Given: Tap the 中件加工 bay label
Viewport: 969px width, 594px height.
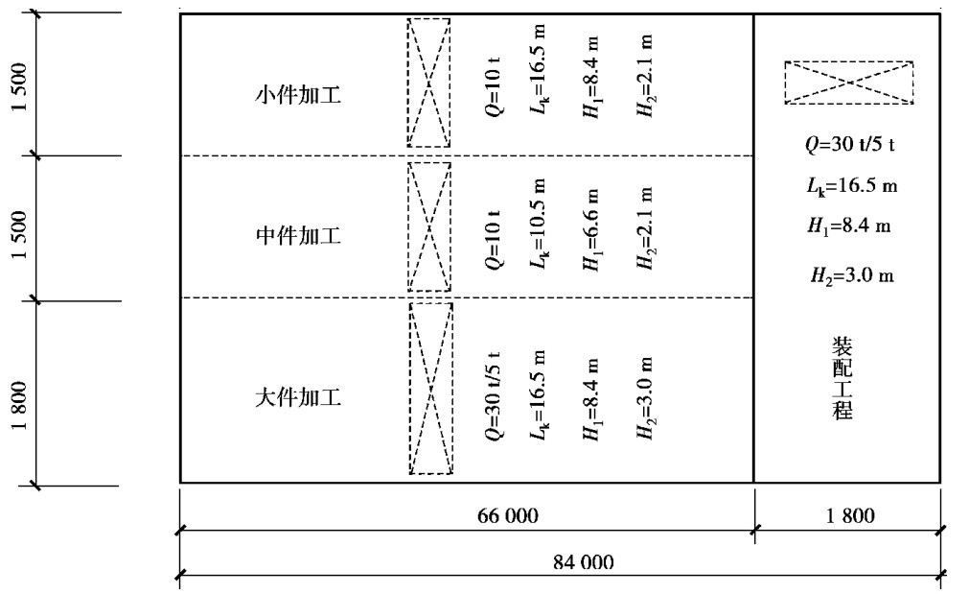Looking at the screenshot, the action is pyautogui.click(x=298, y=236).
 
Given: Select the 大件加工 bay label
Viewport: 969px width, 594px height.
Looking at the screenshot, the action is pyautogui.click(x=298, y=395).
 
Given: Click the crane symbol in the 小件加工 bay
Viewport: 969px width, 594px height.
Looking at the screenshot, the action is pyautogui.click(x=428, y=83).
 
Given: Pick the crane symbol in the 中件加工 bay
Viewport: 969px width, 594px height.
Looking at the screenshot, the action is pyautogui.click(x=428, y=226).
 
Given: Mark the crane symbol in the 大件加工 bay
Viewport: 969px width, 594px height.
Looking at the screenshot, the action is pyautogui.click(x=430, y=388).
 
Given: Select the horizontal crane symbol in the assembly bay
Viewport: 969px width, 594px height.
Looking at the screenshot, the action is pyautogui.click(x=848, y=83).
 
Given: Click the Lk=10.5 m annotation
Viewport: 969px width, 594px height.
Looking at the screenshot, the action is pyautogui.click(x=539, y=226).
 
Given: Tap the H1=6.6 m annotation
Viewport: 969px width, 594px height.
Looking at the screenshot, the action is pyautogui.click(x=594, y=226).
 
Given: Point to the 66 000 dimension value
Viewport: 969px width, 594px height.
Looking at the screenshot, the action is pyautogui.click(x=508, y=516).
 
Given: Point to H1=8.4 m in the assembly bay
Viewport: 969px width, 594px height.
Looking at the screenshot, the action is pyautogui.click(x=850, y=226).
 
